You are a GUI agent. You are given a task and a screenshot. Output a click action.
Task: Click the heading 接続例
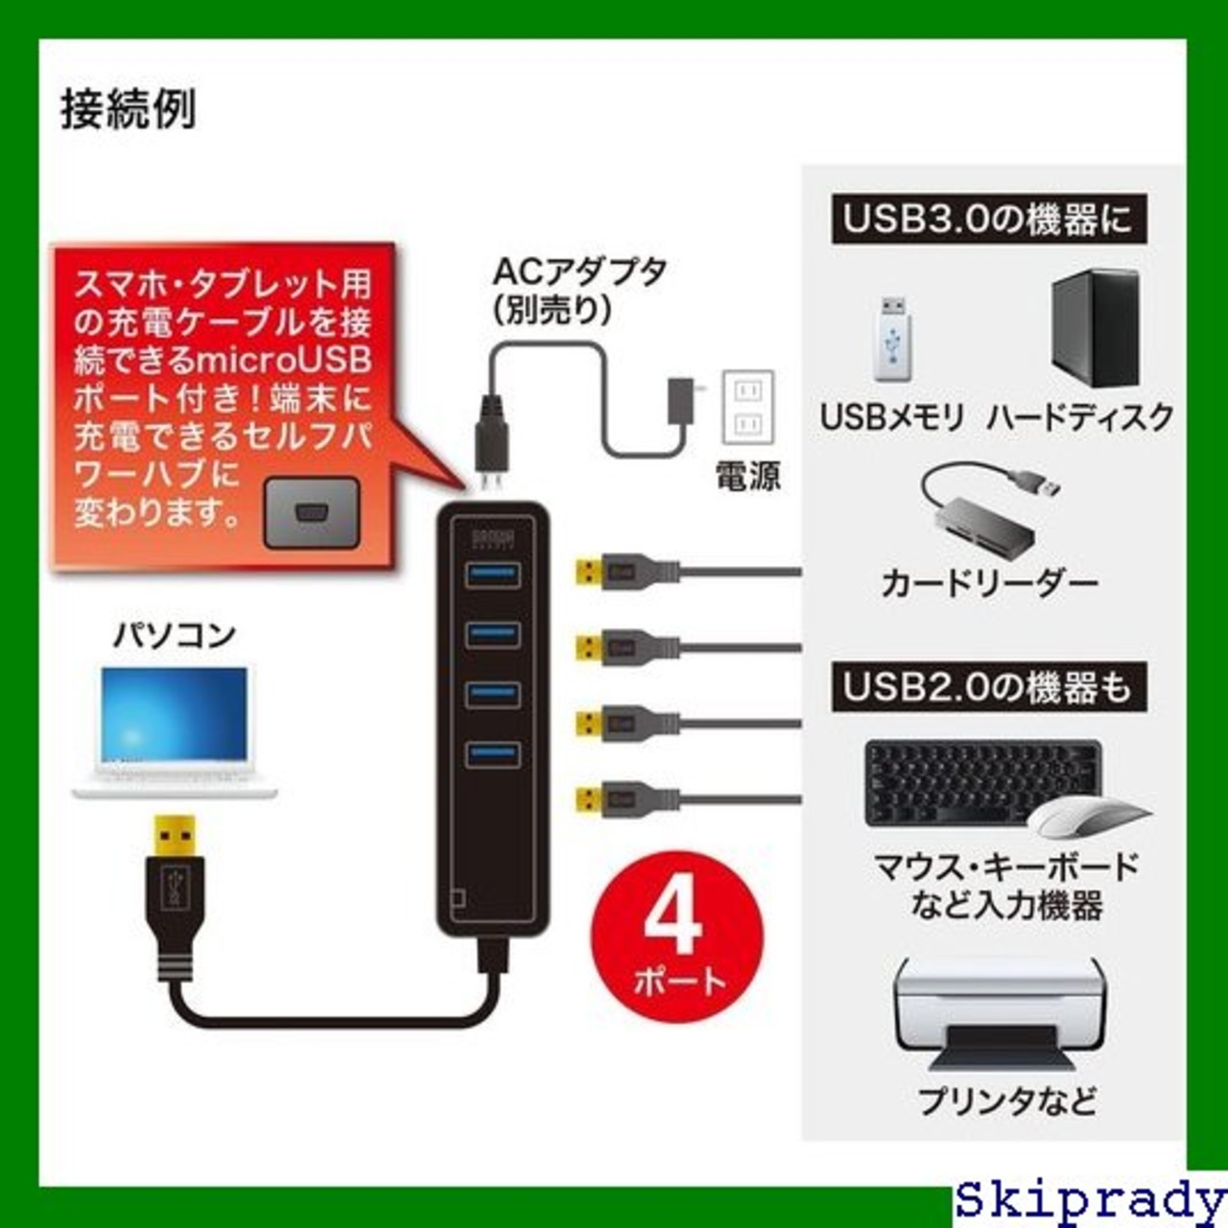coord(128,109)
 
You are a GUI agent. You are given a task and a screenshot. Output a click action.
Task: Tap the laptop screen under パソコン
coord(175,717)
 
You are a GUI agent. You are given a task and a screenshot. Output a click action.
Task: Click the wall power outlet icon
coord(746,407)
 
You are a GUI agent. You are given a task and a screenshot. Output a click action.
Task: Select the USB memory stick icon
coord(893,340)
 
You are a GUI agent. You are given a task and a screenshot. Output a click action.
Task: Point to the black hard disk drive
coord(1095,328)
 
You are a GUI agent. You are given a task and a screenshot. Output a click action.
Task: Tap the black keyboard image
coord(979,781)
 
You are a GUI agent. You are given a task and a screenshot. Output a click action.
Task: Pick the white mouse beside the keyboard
coord(1088,817)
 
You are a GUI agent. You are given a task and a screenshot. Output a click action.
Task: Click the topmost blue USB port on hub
coord(492,574)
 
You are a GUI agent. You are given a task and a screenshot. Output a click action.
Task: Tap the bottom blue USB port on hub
coord(492,753)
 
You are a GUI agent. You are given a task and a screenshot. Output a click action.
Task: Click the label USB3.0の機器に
coord(987,219)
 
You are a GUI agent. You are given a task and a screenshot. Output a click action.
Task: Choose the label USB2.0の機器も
coord(987,688)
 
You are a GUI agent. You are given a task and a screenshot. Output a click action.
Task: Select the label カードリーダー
coord(988,582)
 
